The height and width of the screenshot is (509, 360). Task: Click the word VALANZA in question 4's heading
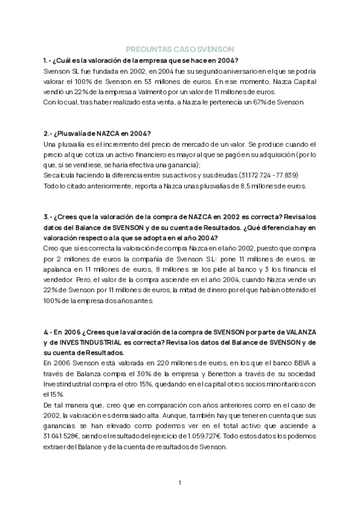296,332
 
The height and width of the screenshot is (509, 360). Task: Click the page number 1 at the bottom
180,482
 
